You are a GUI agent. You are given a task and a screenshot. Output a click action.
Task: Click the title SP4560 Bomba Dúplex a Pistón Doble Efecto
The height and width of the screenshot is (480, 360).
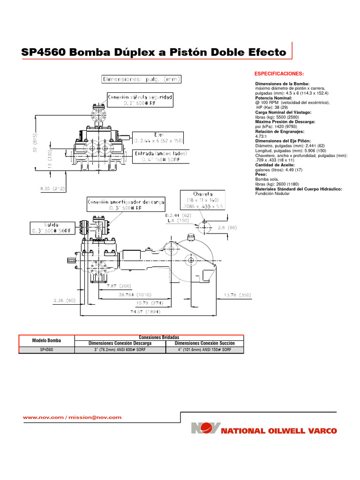(x=154, y=52)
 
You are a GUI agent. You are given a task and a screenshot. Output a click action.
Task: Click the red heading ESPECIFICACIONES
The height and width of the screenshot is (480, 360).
(x=279, y=74)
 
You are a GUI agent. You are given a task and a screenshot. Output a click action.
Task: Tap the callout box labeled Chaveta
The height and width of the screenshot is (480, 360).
(x=202, y=199)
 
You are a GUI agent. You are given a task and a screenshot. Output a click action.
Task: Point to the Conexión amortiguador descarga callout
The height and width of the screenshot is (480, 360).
(x=126, y=205)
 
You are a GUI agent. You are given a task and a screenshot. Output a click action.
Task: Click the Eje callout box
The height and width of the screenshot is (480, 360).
(x=158, y=137)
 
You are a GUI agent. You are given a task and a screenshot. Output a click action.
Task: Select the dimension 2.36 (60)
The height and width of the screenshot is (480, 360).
(x=64, y=300)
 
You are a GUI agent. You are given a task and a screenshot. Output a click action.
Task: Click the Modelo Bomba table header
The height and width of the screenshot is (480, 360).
(x=46, y=340)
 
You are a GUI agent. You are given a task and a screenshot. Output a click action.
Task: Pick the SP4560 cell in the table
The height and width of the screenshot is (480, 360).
(x=46, y=350)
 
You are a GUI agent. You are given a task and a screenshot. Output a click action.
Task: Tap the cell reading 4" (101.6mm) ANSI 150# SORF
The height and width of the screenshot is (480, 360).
(x=205, y=350)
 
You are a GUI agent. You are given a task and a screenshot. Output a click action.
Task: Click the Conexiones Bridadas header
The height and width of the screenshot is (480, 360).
(x=159, y=337)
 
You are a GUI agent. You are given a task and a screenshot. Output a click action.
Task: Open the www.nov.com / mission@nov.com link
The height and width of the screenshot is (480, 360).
(x=72, y=417)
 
